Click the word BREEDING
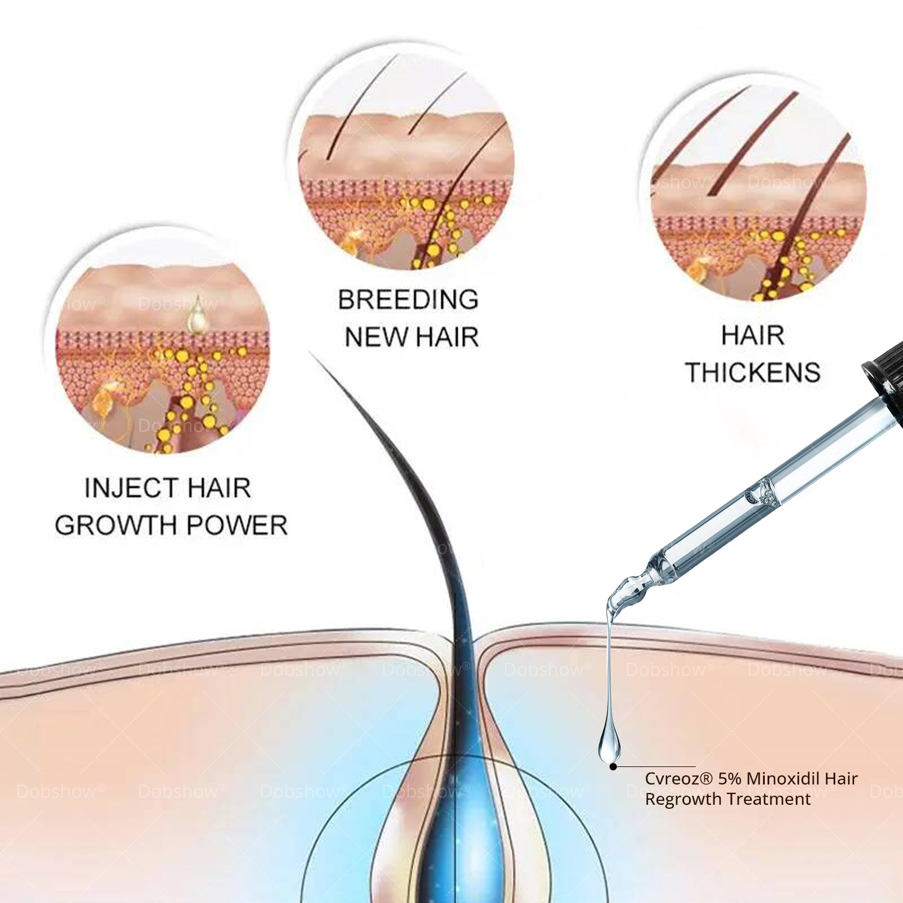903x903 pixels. tap(408, 299)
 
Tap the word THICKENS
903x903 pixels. tap(753, 372)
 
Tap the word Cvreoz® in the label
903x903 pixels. tap(679, 779)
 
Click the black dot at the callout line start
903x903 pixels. tap(613, 766)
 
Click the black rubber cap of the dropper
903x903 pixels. tap(882, 372)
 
